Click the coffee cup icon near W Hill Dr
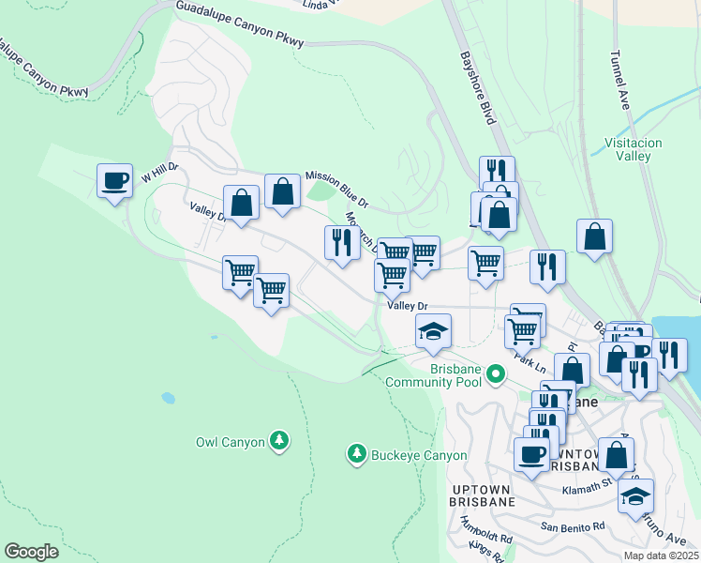point(114,181)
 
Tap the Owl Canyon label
point(231,440)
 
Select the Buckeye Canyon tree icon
point(356,455)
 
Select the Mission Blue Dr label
point(337,189)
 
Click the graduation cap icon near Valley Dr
point(433,331)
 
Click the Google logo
point(31,552)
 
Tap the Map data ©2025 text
point(661,555)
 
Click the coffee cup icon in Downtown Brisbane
point(531,455)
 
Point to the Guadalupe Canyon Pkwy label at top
point(233,20)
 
